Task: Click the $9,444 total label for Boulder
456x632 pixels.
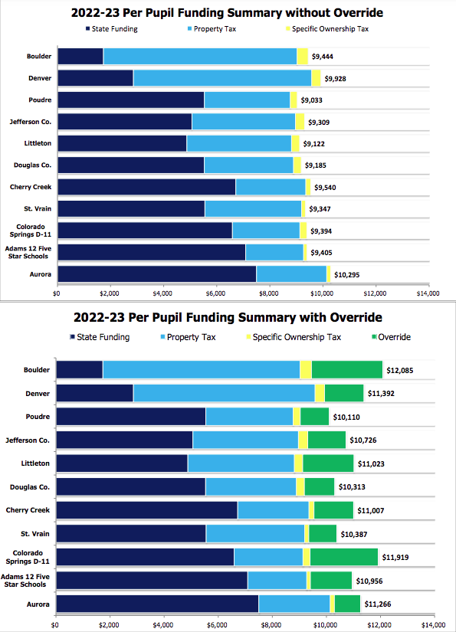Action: tap(322, 57)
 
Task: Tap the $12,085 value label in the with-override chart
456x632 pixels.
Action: tap(399, 371)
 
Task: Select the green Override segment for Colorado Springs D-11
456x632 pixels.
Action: tap(344, 557)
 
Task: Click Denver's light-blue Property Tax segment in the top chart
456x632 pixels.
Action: tap(222, 78)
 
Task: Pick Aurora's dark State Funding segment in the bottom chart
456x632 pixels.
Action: tap(157, 604)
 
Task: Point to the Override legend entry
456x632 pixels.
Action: tap(391, 337)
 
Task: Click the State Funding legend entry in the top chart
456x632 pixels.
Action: tap(111, 29)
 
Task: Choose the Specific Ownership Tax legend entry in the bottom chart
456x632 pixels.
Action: tap(294, 337)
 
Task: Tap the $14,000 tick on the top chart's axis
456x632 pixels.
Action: tap(428, 293)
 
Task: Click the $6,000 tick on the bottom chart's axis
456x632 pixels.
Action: tap(217, 625)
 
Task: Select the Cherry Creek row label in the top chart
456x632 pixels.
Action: tap(31, 187)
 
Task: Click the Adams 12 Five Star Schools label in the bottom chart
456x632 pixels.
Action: tap(25, 581)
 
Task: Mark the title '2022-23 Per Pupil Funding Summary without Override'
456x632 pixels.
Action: tap(227, 13)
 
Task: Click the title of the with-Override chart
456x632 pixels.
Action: tap(228, 318)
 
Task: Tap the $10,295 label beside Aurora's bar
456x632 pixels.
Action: tap(346, 275)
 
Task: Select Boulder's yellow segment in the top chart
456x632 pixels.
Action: tap(303, 57)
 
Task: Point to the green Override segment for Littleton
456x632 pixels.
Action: tap(328, 463)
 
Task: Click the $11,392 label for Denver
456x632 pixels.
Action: tap(381, 394)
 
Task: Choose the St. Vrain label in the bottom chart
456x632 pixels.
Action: tap(35, 534)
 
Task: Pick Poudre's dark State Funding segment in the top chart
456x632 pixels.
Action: tap(131, 100)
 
